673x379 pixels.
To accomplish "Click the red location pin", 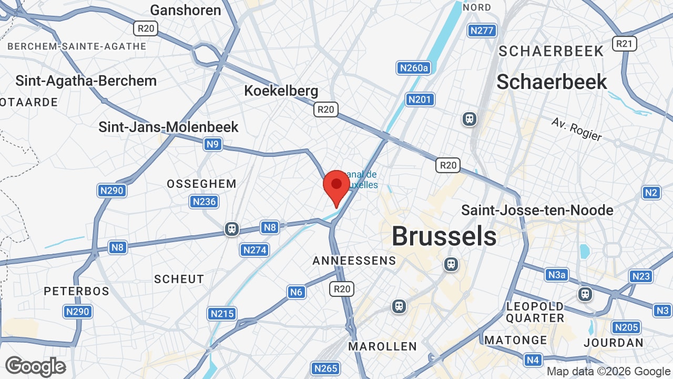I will click(x=336, y=186).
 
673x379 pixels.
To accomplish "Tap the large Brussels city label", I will click(x=444, y=236).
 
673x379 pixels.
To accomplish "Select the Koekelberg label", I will click(x=281, y=91).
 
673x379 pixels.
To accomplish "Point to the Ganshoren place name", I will click(x=186, y=10).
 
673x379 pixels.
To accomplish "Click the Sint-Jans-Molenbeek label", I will click(x=169, y=127).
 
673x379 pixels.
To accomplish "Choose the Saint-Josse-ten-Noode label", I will click(x=537, y=210).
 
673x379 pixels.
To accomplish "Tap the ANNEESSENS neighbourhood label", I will click(x=354, y=261).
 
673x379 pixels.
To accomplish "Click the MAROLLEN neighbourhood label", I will click(x=383, y=346).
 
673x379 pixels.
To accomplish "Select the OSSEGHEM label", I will click(x=201, y=184).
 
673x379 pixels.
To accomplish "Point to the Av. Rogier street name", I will click(x=576, y=129).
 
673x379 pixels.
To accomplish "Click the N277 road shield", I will click(x=482, y=31).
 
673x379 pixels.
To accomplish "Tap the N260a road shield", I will click(x=414, y=68).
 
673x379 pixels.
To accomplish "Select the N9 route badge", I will click(x=213, y=144).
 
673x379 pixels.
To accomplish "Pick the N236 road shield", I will click(x=204, y=202).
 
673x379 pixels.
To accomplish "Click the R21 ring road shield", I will click(x=625, y=44).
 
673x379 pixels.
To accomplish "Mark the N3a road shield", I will click(x=557, y=275).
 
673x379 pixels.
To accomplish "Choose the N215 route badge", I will click(x=221, y=314).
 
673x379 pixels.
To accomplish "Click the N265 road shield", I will click(x=325, y=368).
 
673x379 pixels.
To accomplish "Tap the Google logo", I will click(x=35, y=366).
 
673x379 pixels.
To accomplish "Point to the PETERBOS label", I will click(x=76, y=291).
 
